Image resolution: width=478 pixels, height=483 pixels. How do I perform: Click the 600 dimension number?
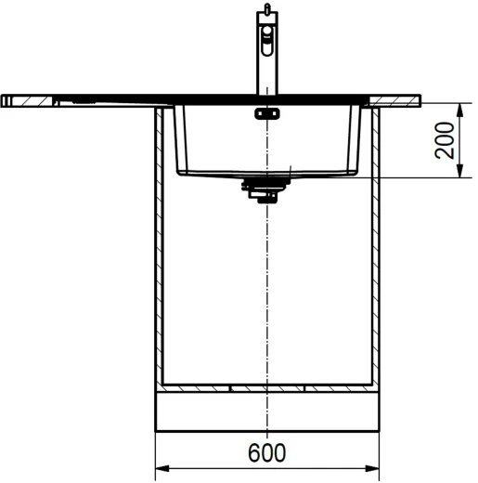click(x=267, y=453)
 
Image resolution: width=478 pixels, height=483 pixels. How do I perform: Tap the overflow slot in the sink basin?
click(x=266, y=114)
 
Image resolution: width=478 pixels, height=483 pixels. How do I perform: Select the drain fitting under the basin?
click(x=263, y=189)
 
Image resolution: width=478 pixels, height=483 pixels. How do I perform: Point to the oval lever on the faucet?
click(x=268, y=36)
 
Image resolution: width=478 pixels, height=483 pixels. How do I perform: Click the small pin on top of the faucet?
click(x=268, y=8)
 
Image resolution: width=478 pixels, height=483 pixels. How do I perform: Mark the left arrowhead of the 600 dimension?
click(x=160, y=467)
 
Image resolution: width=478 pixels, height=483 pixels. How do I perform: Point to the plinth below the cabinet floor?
click(x=267, y=411)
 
